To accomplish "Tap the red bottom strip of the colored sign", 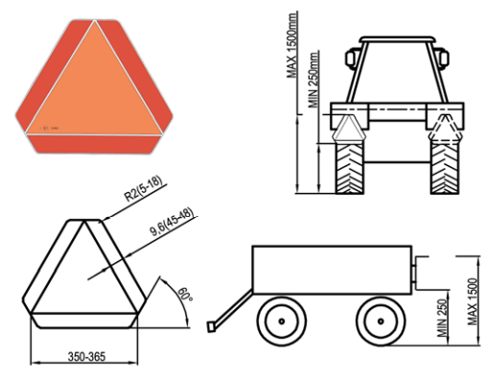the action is point(95,144).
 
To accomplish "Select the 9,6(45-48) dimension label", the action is point(172,222).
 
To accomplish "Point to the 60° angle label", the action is point(185,294).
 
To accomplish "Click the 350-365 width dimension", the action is point(86,356).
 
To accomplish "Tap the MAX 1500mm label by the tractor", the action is point(292,45).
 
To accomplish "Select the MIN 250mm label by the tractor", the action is point(313,80).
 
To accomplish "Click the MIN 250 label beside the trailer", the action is point(443,318).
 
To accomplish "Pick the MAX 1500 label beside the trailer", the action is point(473,302).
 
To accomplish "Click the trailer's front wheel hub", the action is point(282,321).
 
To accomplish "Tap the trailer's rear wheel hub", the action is point(381,321).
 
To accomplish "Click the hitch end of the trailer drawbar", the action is point(211,327).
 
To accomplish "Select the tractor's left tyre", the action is point(350,168).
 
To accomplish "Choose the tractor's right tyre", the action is point(445,168).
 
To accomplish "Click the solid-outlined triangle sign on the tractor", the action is point(349,128).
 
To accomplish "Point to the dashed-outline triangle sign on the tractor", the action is point(446,128).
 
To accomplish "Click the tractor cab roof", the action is point(397,39).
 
